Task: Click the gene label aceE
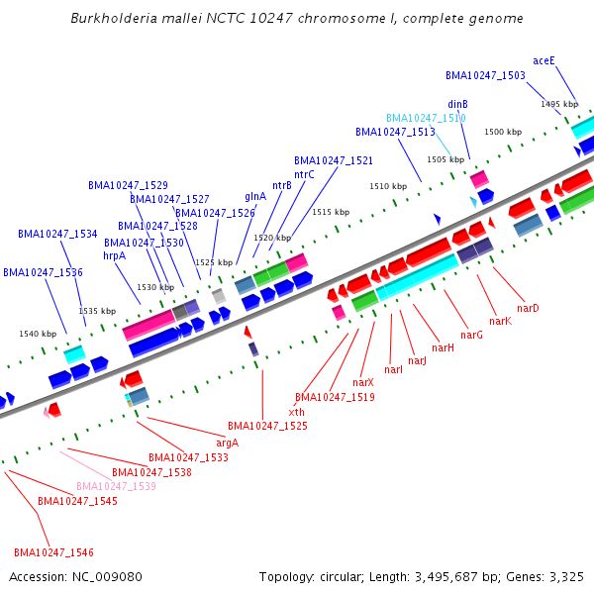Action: (x=544, y=60)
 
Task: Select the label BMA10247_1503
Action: (x=485, y=75)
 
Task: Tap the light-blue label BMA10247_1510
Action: (x=426, y=118)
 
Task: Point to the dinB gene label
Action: (x=457, y=104)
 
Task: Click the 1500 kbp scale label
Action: (x=502, y=132)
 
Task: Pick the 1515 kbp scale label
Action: (x=331, y=212)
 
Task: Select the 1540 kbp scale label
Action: (x=38, y=334)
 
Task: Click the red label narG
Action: (x=471, y=336)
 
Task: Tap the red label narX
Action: (x=363, y=382)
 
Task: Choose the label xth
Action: (x=296, y=412)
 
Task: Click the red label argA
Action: (x=227, y=443)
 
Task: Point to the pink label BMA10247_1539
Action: (x=116, y=486)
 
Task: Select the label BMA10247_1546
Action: (x=53, y=552)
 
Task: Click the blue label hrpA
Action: (x=115, y=255)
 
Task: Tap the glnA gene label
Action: (x=255, y=196)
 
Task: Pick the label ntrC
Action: (x=304, y=174)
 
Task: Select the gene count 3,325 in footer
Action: (x=565, y=576)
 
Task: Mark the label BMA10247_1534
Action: (x=57, y=235)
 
